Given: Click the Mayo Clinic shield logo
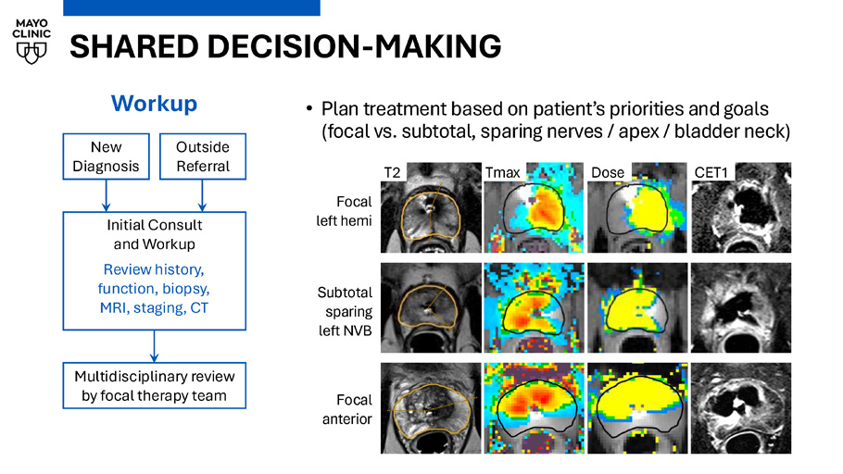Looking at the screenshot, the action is [x=31, y=52].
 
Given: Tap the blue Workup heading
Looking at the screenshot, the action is [x=155, y=104].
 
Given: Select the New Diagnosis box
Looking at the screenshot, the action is [x=106, y=156].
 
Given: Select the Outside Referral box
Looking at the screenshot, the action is [x=203, y=156].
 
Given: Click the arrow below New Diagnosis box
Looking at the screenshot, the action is [x=106, y=195].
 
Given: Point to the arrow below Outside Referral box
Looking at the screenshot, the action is [x=202, y=195].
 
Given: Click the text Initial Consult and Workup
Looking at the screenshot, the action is [x=155, y=234].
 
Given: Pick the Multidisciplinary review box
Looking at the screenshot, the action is [x=155, y=386].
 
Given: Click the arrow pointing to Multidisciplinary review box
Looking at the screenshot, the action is [x=155, y=346].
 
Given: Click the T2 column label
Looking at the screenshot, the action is [x=393, y=172].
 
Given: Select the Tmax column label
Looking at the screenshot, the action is [x=503, y=172].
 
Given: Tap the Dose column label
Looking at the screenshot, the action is [x=608, y=172].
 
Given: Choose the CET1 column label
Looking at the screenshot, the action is [x=711, y=172].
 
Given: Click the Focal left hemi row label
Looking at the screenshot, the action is [x=344, y=211].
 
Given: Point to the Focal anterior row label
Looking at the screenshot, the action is [x=347, y=409].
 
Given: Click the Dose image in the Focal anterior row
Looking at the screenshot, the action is [x=637, y=408].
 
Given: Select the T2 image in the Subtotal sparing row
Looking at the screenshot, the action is [x=431, y=308].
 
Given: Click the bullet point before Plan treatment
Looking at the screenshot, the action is [x=309, y=109].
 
